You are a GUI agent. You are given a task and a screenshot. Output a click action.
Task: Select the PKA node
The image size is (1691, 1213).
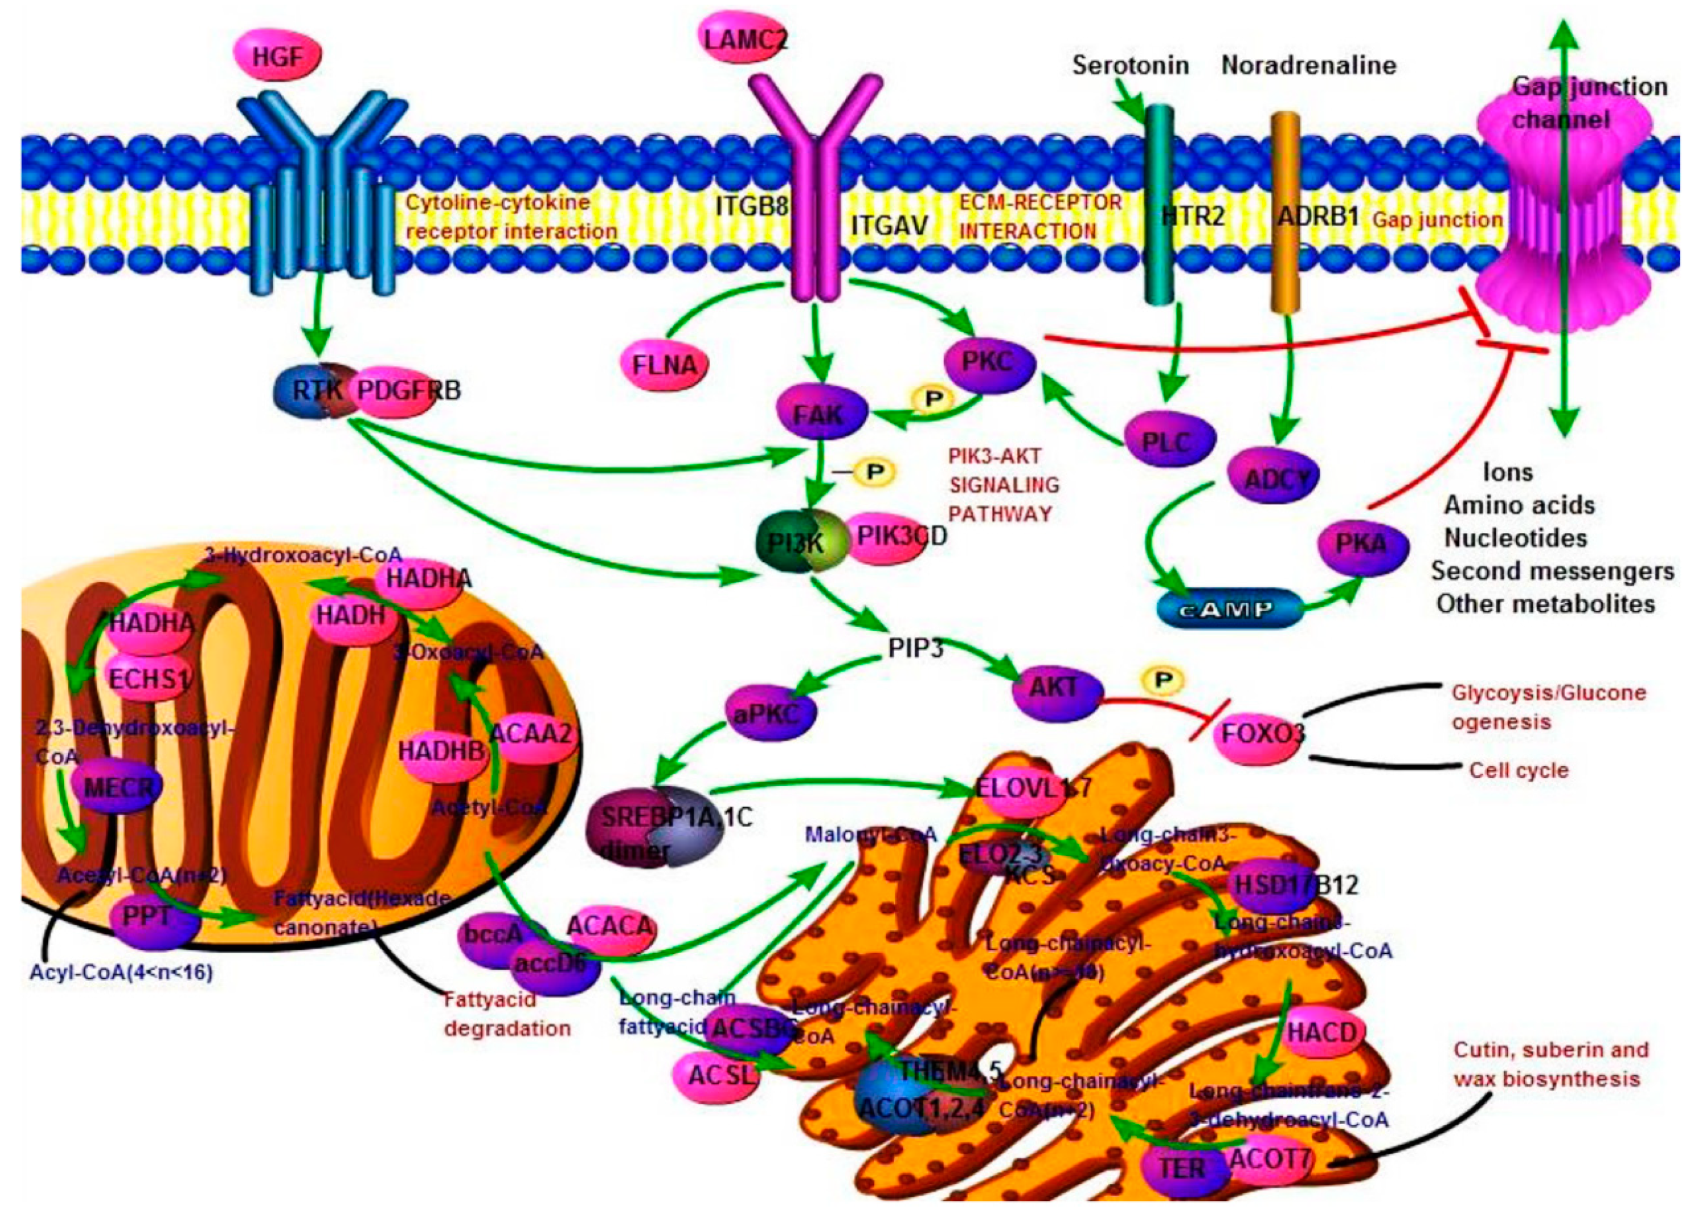1362,544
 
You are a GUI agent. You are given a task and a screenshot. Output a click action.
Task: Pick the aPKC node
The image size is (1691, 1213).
770,713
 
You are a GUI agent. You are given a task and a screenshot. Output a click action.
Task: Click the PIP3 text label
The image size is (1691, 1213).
916,649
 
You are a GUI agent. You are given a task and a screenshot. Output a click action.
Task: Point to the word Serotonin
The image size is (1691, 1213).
1131,66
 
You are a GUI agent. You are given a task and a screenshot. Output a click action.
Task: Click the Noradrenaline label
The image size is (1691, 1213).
1309,66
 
